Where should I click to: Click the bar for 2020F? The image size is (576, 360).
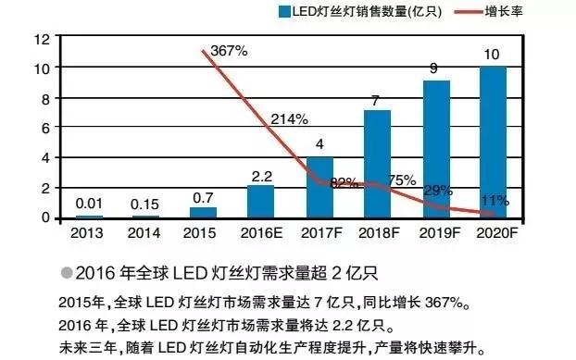494,142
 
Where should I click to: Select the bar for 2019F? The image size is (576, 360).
436,149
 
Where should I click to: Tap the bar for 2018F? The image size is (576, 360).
377,164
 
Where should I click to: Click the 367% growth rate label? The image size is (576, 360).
229,51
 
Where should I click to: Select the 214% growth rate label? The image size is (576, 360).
289,120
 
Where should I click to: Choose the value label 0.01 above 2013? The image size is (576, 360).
88,203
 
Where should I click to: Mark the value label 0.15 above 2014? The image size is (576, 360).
145,202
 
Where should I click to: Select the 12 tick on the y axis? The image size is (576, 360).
40,40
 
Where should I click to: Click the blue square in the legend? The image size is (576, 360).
282,11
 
